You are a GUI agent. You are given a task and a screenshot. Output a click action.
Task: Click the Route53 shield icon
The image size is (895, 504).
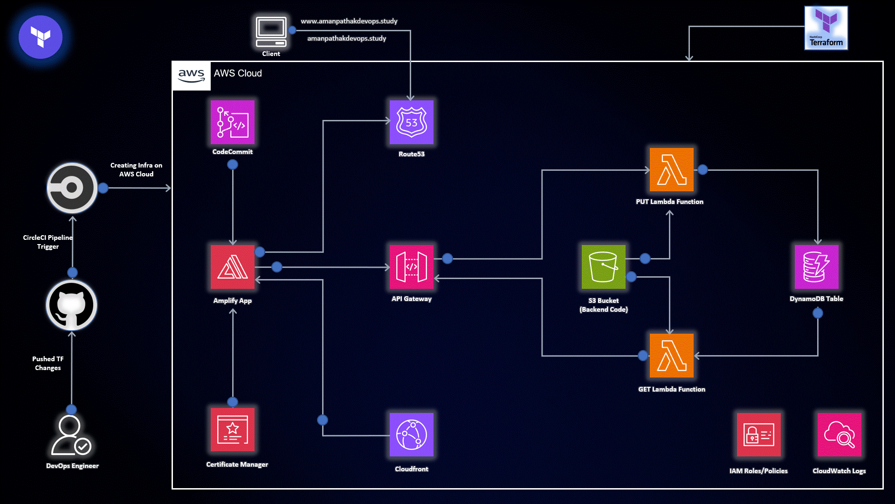411,122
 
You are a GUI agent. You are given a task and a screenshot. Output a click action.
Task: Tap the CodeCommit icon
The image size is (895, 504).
232,122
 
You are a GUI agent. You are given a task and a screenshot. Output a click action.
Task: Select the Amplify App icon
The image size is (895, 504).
232,267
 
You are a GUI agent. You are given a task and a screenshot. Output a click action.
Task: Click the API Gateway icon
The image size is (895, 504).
411,267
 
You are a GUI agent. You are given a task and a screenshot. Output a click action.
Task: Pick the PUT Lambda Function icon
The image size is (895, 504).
671,170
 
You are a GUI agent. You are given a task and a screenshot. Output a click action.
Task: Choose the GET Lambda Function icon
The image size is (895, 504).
671,356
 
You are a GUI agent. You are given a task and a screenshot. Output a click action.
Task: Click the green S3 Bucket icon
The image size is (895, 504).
603,267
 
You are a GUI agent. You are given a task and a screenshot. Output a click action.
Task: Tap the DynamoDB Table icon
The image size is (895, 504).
816,267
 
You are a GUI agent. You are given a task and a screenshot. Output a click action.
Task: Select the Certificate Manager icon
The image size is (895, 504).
232,430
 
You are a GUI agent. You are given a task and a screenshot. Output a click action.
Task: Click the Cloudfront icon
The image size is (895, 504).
411,434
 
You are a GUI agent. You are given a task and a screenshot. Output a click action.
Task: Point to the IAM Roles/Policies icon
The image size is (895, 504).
758,434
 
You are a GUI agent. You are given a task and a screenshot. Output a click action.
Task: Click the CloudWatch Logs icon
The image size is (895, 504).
839,434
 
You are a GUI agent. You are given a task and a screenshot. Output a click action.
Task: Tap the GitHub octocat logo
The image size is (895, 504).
71,305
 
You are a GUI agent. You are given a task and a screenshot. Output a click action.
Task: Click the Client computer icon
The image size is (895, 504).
271,32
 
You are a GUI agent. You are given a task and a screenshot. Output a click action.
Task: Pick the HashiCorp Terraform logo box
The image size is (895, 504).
826,28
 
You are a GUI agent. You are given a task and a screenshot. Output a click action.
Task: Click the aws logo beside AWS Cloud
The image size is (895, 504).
192,76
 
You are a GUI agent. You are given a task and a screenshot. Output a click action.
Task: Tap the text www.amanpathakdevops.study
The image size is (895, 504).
349,21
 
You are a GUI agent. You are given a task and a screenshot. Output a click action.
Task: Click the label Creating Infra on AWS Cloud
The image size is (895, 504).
136,169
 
